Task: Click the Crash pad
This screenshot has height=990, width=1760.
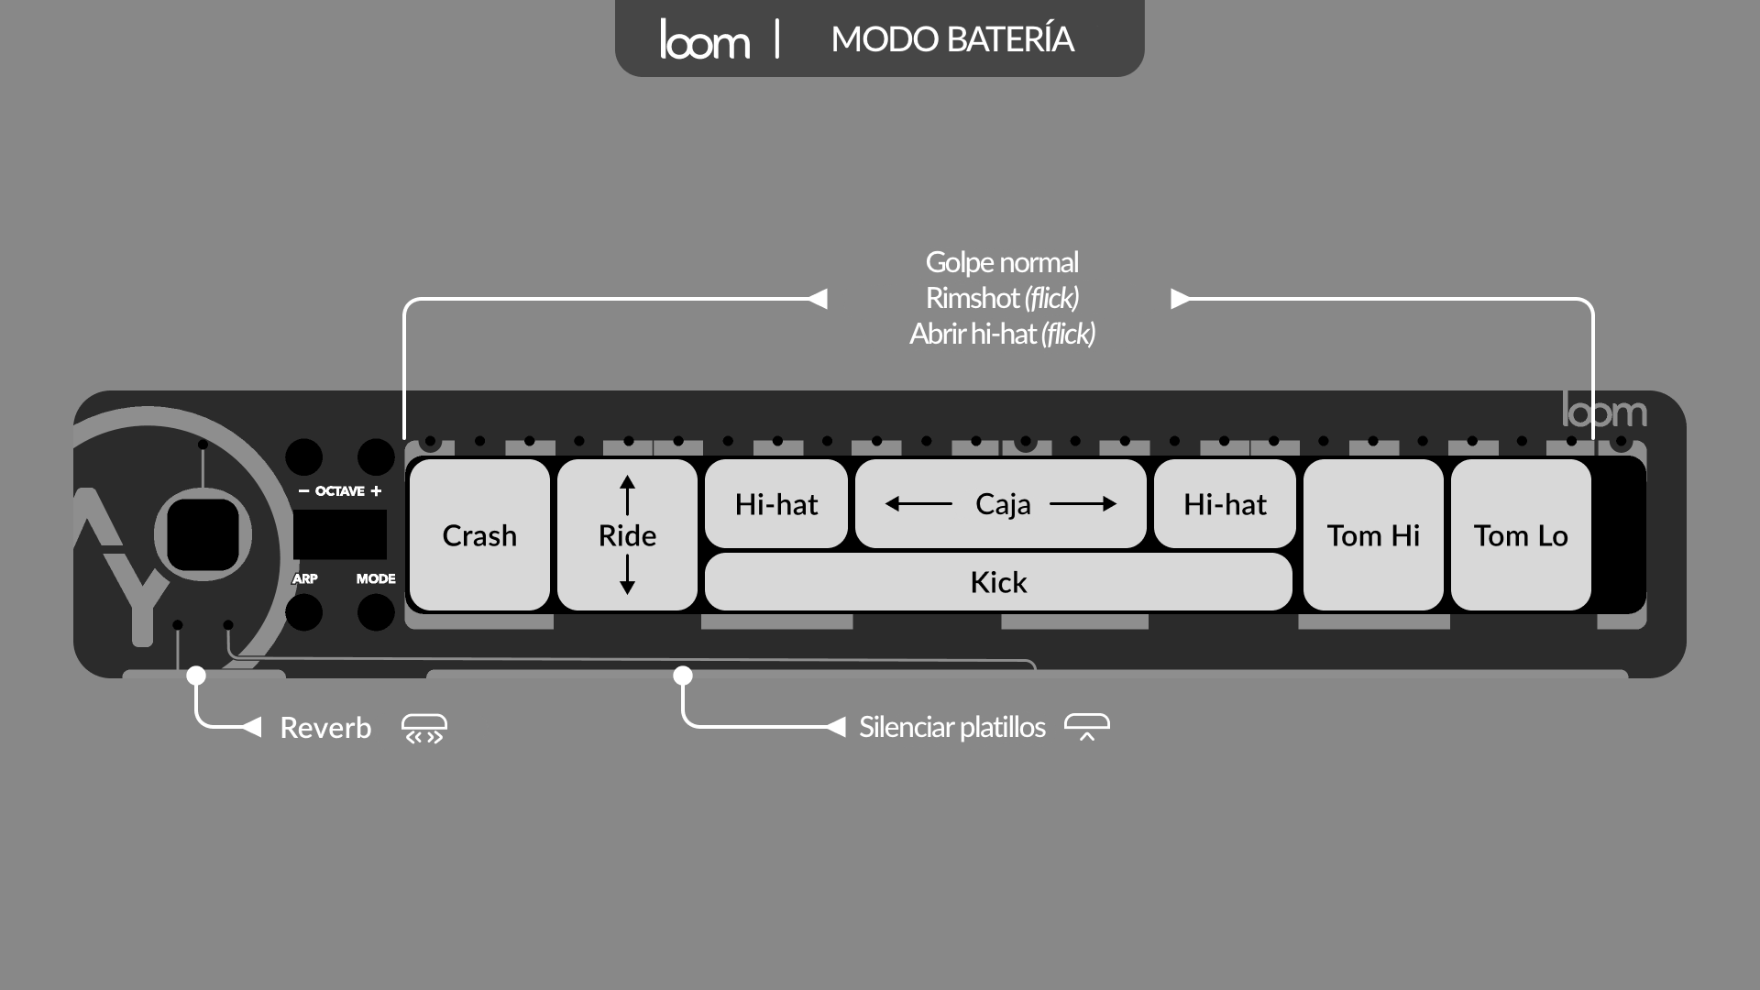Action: tap(479, 535)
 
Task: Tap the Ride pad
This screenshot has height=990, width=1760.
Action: tap(627, 535)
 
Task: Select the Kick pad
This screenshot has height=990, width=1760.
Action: tap(998, 582)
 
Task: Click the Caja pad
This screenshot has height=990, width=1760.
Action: tap(1002, 504)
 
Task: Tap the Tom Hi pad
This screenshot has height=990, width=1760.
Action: tap(1373, 535)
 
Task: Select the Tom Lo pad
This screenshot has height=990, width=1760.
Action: tap(1521, 535)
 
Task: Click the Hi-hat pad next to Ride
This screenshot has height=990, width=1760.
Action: tap(775, 504)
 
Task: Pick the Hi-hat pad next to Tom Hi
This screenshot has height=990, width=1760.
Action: tap(1225, 504)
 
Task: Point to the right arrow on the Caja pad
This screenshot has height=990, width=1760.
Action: tap(1084, 503)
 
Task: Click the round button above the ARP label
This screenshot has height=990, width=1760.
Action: tap(304, 457)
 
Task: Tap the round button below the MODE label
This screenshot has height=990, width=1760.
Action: tap(376, 612)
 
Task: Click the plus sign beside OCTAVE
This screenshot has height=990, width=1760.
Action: tap(376, 491)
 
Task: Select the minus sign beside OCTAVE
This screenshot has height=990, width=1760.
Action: tap(303, 491)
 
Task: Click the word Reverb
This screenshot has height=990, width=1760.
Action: tap(325, 728)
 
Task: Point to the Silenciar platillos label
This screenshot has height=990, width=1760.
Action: tap(951, 727)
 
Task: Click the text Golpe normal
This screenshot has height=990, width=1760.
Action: tap(1002, 262)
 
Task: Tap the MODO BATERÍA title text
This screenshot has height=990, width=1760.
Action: tap(952, 39)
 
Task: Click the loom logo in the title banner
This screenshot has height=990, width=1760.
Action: tap(704, 39)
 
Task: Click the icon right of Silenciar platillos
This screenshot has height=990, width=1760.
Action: tap(1087, 727)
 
